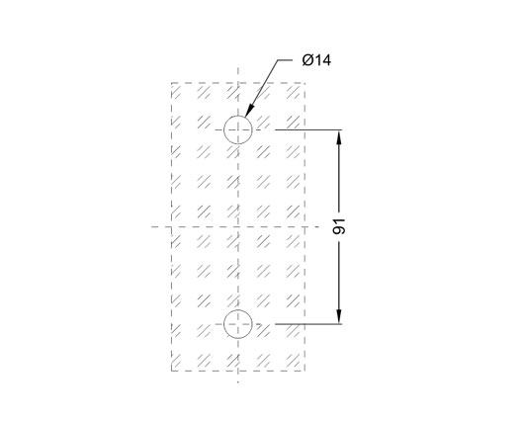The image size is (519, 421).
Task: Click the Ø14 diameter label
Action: pyautogui.click(x=316, y=60)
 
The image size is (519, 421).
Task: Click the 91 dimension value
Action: pyautogui.click(x=339, y=226)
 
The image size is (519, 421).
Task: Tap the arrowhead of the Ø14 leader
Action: pyautogui.click(x=249, y=110)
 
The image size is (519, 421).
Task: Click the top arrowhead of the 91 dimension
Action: pyautogui.click(x=339, y=136)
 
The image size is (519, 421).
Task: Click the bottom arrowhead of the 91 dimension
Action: pyautogui.click(x=339, y=317)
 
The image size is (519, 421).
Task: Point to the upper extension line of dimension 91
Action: pyautogui.click(x=308, y=129)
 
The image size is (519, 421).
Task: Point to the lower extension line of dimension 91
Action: pyautogui.click(x=308, y=324)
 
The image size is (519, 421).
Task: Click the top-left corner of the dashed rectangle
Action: pyautogui.click(x=171, y=83)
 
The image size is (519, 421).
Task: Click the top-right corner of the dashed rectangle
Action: pyautogui.click(x=304, y=83)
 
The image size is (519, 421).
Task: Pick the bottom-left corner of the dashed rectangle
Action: pyautogui.click(x=171, y=371)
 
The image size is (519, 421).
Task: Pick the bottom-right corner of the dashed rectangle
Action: pyautogui.click(x=304, y=371)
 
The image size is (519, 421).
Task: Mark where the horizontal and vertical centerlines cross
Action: pyautogui.click(x=238, y=226)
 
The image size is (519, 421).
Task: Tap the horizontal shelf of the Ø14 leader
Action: pyautogui.click(x=285, y=60)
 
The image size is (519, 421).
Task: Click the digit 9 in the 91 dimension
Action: pyautogui.click(x=339, y=230)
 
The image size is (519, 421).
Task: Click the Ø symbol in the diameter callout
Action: pyautogui.click(x=307, y=60)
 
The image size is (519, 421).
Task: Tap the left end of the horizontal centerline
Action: pyautogui.click(x=151, y=226)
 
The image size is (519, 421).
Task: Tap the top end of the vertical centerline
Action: pyautogui.click(x=238, y=68)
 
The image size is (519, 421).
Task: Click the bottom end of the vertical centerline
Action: pyautogui.click(x=238, y=382)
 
